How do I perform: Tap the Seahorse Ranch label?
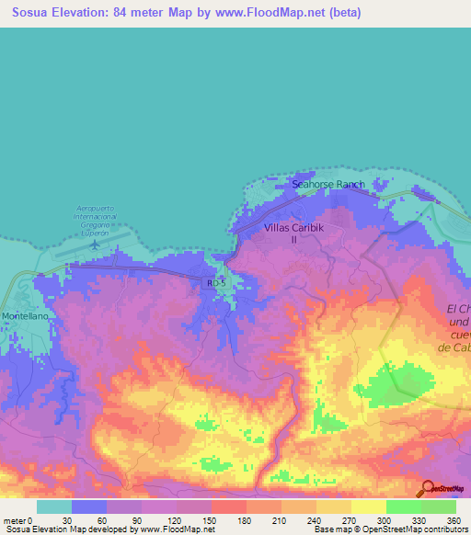[328, 185]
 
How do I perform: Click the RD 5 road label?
[216, 284]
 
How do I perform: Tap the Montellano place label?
[26, 315]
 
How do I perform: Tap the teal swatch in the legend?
[53, 507]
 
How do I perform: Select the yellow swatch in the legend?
[368, 507]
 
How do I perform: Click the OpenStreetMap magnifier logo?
[426, 490]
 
